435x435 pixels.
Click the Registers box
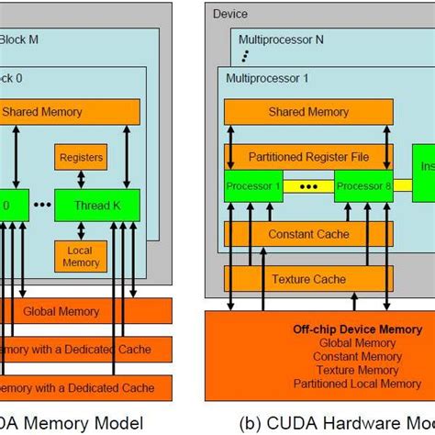pyautogui.click(x=81, y=156)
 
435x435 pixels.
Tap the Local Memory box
pyautogui.click(x=81, y=256)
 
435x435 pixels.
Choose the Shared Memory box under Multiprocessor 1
pyautogui.click(x=309, y=112)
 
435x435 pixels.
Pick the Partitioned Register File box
pyautogui.click(x=309, y=156)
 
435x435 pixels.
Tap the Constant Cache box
pyautogui.click(x=309, y=234)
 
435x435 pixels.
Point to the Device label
pyautogui.click(x=229, y=14)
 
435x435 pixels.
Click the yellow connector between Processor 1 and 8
pyautogui.click(x=309, y=186)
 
